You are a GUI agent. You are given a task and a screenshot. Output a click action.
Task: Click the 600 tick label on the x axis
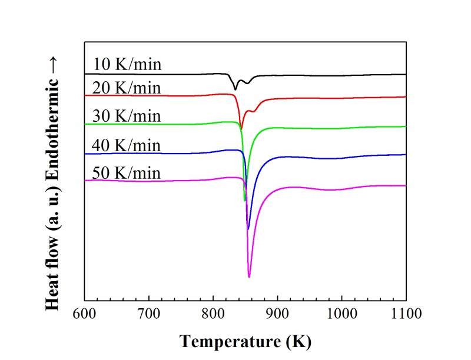[85, 312]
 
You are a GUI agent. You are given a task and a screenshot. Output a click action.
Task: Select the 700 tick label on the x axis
[149, 312]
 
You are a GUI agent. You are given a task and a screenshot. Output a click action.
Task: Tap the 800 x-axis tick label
[213, 312]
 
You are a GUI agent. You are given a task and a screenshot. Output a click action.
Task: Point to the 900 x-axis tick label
[277, 312]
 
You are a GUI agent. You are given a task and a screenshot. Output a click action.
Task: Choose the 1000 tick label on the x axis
[341, 312]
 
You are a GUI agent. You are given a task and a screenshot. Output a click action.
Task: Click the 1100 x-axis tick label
[406, 312]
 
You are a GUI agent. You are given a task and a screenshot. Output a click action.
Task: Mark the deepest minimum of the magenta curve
[250, 276]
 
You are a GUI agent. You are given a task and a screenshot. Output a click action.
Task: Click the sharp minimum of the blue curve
[248, 229]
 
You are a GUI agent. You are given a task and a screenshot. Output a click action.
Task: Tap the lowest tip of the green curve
[244, 201]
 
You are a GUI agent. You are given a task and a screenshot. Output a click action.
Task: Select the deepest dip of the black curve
[235, 89]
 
